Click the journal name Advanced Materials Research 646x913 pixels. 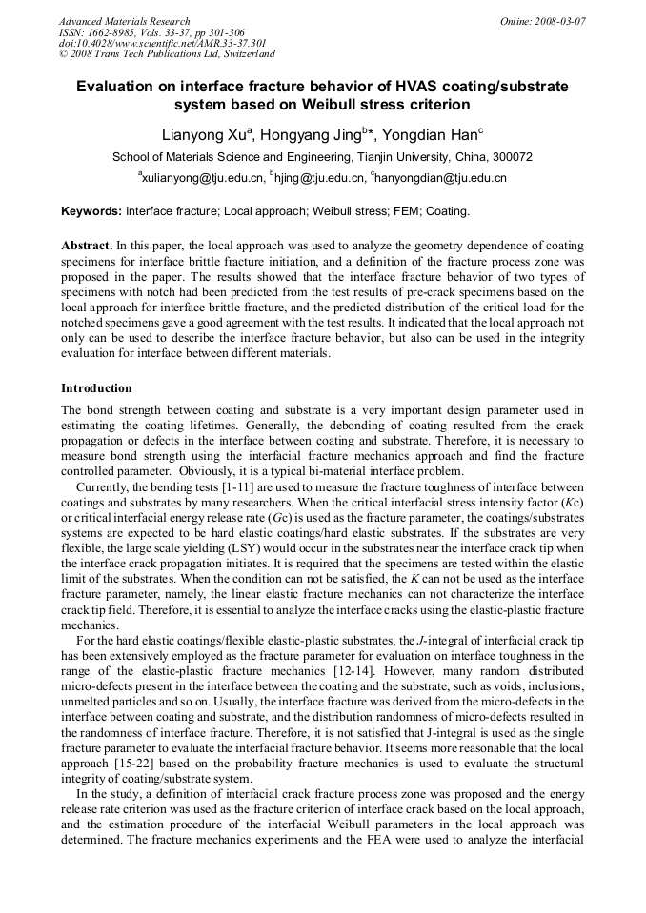coord(124,21)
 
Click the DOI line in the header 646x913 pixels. coord(162,43)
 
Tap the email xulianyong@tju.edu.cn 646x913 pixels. coord(202,178)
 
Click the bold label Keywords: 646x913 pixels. coord(91,210)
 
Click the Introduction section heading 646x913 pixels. coord(96,388)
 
